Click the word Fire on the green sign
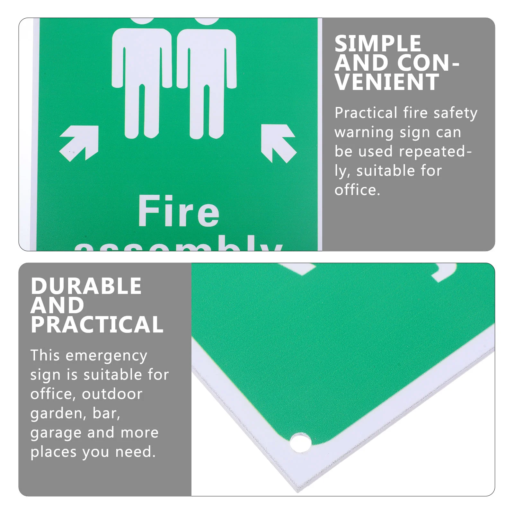179,211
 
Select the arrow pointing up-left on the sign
278,143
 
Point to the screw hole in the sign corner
300,442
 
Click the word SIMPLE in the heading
377,44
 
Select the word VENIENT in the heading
386,82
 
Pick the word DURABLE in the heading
86,286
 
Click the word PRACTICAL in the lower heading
97,324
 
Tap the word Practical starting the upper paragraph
366,113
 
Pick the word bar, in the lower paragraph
106,413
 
